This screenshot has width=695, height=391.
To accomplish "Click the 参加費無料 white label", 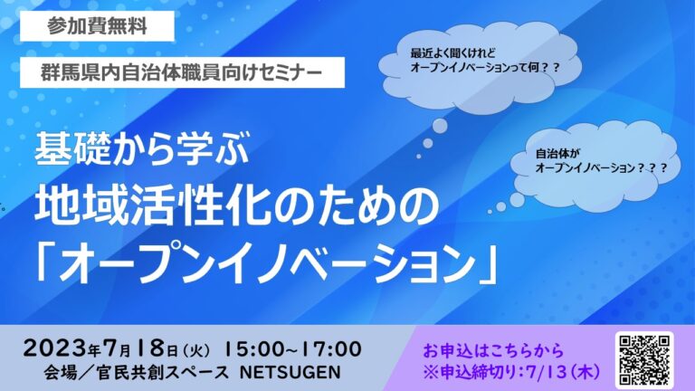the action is point(97,26).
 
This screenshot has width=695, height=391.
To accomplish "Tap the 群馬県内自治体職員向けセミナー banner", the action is point(182,72).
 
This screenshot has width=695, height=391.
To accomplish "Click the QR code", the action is point(644,360).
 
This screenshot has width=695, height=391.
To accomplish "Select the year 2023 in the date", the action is point(56,348).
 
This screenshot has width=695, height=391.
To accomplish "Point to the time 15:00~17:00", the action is point(293,348).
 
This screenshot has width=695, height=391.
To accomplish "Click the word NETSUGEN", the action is point(290,372).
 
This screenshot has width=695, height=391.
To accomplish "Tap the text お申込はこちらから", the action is point(493,350).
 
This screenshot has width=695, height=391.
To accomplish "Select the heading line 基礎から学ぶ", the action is point(142,148).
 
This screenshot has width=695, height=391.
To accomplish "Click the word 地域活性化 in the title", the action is point(152,207).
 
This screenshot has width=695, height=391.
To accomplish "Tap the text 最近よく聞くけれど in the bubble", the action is point(452,53).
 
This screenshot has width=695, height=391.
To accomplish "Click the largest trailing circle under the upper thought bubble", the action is point(439,126).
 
